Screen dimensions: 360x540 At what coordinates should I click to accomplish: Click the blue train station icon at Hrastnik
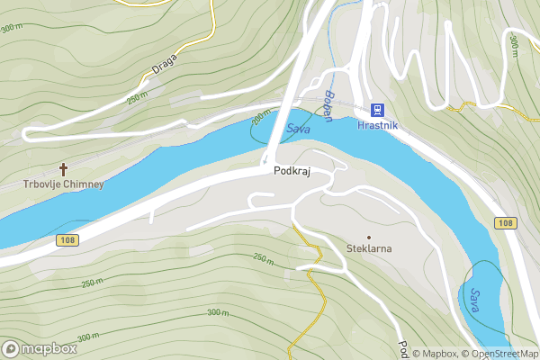tap(376, 110)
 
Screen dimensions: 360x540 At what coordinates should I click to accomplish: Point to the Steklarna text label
tap(369, 247)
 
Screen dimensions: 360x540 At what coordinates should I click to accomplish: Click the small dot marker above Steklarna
tap(369, 237)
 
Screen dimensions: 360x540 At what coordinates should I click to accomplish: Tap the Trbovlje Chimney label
tap(64, 184)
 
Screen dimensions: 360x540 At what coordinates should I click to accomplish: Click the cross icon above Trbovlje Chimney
tap(64, 168)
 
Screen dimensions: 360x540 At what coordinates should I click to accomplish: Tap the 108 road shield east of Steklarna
tap(504, 222)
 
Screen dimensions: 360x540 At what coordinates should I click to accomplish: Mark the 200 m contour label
tap(260, 119)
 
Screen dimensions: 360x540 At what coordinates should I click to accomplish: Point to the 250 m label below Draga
tap(137, 97)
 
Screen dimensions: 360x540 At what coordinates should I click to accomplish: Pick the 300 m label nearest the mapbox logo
tap(88, 337)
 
